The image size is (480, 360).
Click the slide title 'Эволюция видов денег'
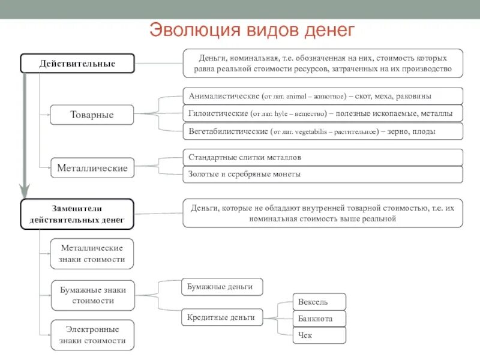[252, 30]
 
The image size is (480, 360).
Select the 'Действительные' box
[77, 64]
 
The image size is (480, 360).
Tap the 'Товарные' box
[92, 115]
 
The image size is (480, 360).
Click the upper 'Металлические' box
[92, 168]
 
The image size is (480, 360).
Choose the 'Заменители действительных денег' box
[77, 214]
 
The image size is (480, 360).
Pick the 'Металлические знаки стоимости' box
[92, 254]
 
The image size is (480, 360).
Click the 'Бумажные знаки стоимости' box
[92, 295]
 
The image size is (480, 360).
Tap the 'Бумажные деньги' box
[222, 287]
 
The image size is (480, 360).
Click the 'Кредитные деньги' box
[222, 317]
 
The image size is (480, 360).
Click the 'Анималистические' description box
[323, 96]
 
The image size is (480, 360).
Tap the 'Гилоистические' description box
[323, 113]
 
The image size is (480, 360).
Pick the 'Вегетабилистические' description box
[323, 131]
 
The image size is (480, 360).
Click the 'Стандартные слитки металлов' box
[323, 157]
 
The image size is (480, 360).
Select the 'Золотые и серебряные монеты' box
[323, 174]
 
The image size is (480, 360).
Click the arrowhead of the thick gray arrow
[24, 193]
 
